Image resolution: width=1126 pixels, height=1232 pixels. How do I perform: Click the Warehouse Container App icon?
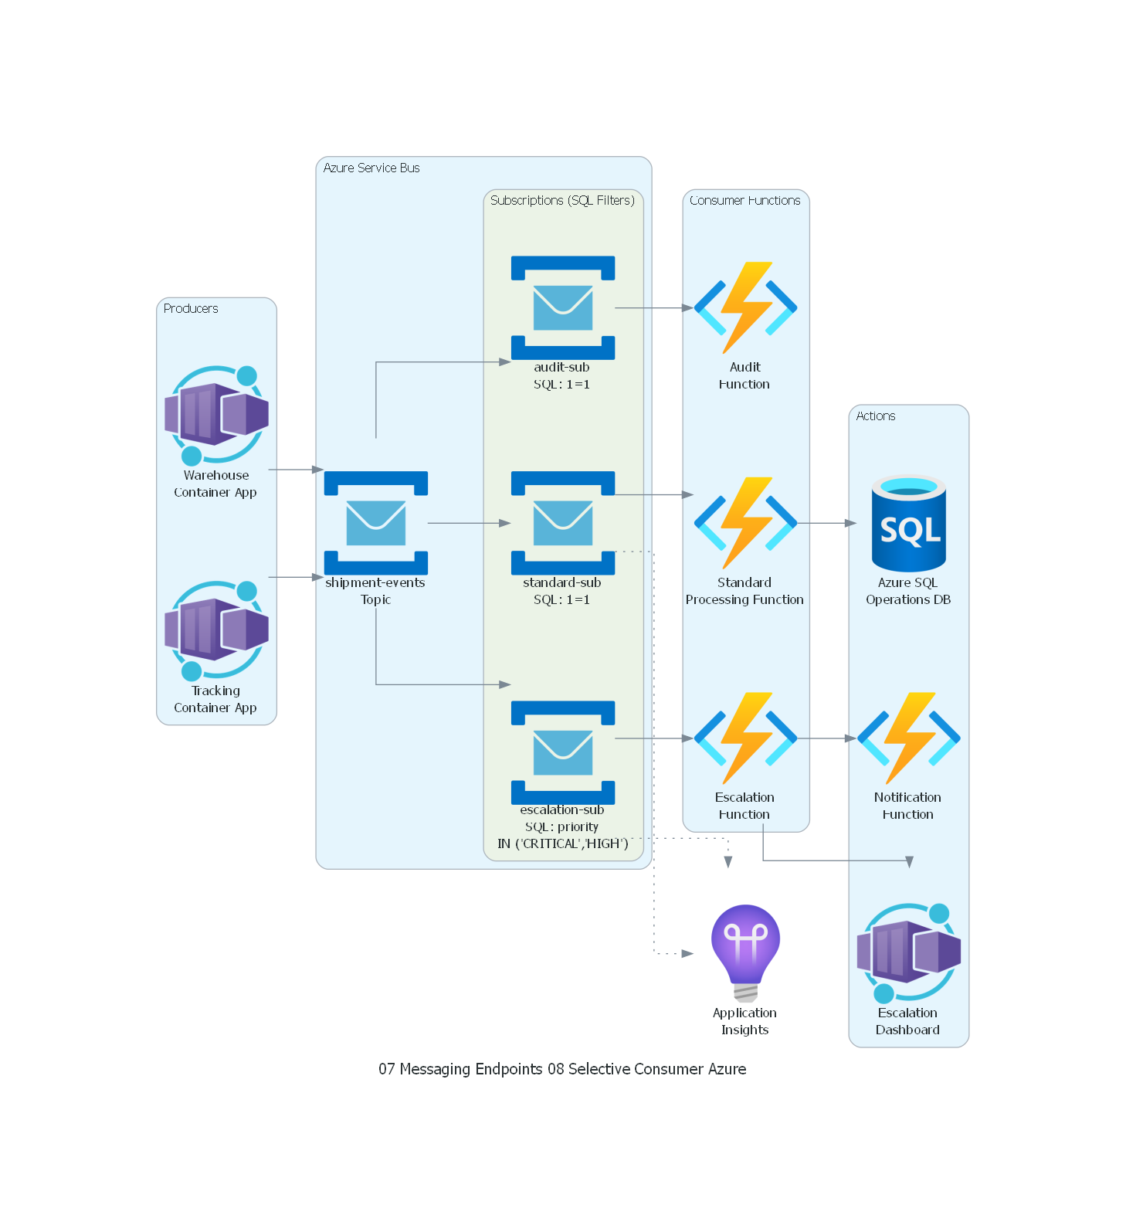(216, 415)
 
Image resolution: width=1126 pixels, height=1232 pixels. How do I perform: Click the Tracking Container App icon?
(216, 630)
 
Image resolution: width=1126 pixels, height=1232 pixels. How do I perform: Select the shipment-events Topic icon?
(376, 523)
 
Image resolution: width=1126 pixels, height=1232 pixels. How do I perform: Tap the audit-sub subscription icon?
(563, 307)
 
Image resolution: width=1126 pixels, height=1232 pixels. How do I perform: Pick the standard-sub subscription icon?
(563, 523)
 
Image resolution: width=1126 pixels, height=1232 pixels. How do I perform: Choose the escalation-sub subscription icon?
(563, 752)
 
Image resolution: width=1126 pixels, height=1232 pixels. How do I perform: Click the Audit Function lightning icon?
(745, 307)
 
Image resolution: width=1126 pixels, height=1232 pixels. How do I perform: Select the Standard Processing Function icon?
(745, 523)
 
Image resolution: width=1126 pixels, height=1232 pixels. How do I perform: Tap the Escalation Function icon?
(745, 738)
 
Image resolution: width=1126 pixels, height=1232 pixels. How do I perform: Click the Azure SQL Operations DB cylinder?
(909, 523)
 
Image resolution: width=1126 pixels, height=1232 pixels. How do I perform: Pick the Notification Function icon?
(909, 738)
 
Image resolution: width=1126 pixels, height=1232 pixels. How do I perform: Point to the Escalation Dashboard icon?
(909, 953)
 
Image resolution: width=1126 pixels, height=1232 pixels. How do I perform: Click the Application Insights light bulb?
(745, 953)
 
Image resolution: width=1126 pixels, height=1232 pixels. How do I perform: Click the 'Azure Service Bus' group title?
(371, 168)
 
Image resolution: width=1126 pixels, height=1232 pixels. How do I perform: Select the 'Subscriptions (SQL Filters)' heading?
(562, 201)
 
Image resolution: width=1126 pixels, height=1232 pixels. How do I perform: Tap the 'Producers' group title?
(191, 309)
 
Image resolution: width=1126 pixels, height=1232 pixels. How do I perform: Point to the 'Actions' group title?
(876, 416)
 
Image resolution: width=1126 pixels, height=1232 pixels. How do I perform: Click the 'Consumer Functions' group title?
(745, 201)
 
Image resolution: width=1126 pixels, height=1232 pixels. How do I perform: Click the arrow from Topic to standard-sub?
(469, 523)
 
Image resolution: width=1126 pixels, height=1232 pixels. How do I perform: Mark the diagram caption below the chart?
(562, 1069)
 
